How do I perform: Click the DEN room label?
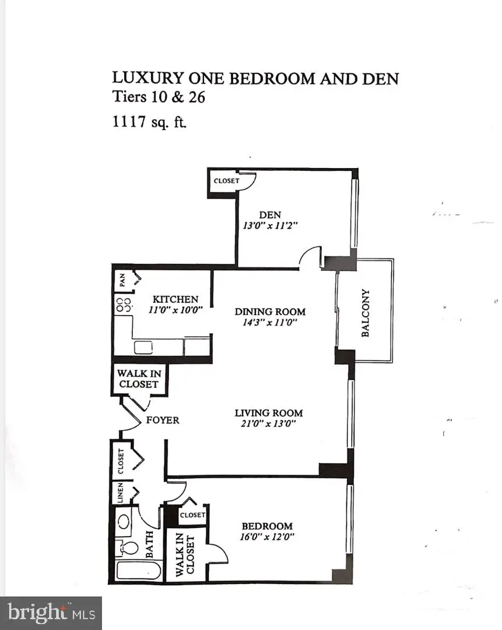click(270, 215)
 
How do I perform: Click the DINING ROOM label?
click(270, 311)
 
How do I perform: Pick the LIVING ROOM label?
click(269, 413)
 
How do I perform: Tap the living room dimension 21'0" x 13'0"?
click(269, 424)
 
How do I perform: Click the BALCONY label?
click(366, 313)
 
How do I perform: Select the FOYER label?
click(163, 420)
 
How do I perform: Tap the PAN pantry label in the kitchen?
click(122, 281)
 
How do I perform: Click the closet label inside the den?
click(226, 181)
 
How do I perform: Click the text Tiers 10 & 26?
click(158, 97)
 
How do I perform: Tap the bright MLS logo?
click(51, 612)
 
